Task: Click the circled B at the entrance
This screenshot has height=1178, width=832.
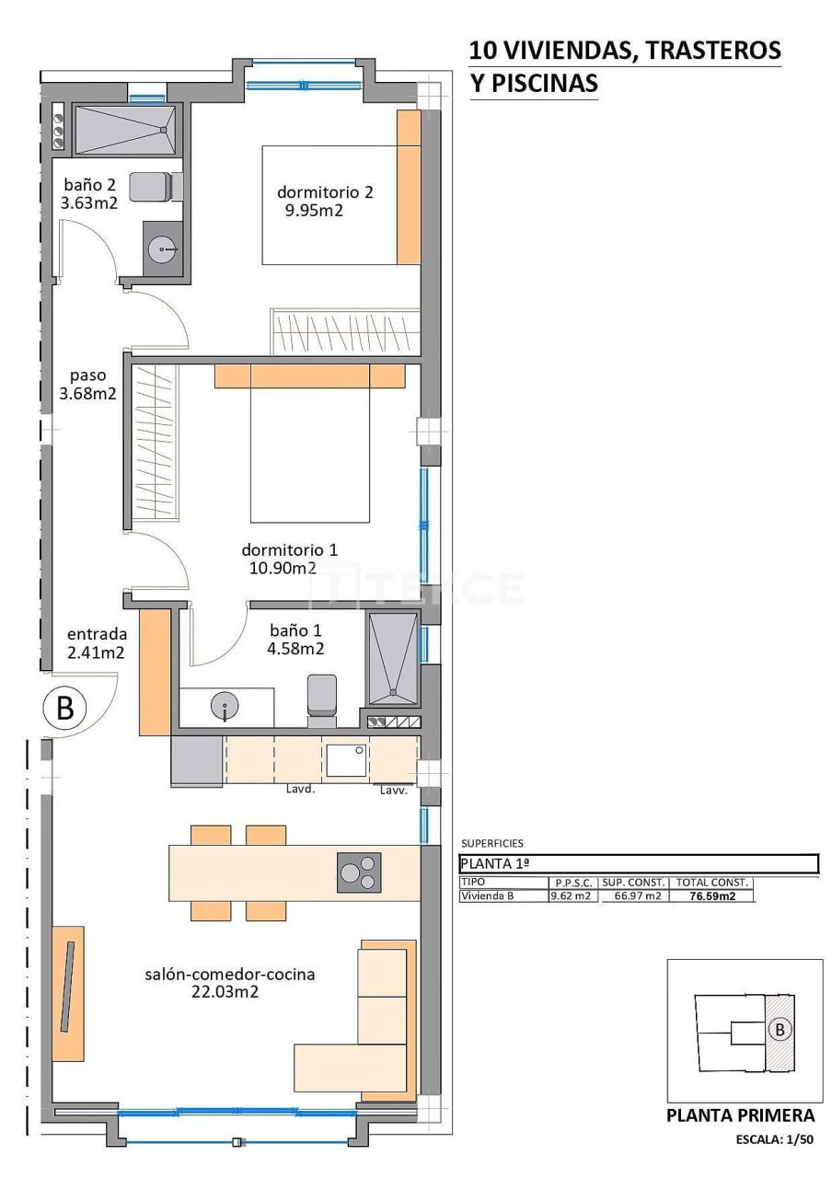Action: (x=65, y=709)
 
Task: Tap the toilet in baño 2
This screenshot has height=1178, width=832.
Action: (x=151, y=187)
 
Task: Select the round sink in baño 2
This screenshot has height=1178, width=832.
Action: (x=164, y=247)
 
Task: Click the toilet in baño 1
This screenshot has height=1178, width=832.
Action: (x=321, y=695)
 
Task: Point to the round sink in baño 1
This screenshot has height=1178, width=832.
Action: (x=225, y=707)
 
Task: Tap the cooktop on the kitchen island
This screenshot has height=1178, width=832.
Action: (x=358, y=872)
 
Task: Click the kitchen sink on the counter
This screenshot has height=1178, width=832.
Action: (x=347, y=760)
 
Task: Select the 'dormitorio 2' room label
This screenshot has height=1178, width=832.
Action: (x=325, y=192)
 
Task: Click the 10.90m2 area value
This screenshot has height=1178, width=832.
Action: (x=283, y=568)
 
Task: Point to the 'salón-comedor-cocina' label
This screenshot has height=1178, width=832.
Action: (x=230, y=974)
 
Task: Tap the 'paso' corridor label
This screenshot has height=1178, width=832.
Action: (x=88, y=375)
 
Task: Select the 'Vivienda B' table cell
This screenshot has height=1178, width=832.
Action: (x=487, y=895)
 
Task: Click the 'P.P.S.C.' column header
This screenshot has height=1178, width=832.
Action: (x=573, y=882)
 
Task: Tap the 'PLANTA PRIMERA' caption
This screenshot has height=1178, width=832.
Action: (x=741, y=1115)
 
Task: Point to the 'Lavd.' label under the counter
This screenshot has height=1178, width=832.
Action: (x=301, y=790)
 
